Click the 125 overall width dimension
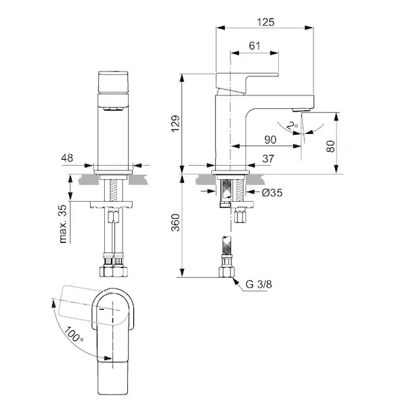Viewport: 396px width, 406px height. (x=265, y=22)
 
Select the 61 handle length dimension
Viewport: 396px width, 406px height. (x=255, y=46)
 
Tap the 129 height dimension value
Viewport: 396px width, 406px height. (x=175, y=124)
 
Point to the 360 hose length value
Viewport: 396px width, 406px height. (x=175, y=223)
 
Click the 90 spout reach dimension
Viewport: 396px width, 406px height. (x=270, y=140)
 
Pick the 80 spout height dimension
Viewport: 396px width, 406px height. (x=330, y=146)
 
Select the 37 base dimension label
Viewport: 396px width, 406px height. (x=268, y=159)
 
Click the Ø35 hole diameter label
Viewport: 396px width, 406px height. (x=271, y=193)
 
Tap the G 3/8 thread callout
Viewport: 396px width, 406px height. (x=259, y=284)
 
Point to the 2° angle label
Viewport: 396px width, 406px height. (x=292, y=126)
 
